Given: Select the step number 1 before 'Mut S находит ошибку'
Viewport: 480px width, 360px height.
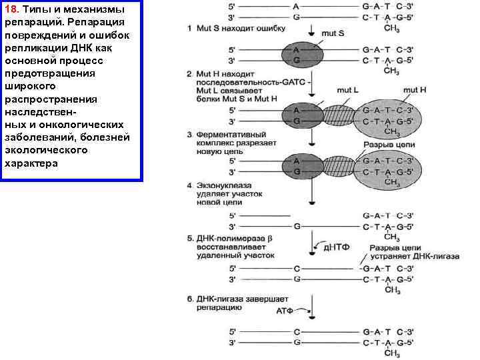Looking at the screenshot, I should tap(190, 29).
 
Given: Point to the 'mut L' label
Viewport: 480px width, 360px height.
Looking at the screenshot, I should tap(348, 90).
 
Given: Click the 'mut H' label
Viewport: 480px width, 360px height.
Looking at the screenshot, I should tap(415, 90).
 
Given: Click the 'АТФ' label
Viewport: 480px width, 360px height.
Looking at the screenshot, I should tap(285, 311).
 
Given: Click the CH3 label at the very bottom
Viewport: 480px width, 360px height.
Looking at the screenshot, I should tap(393, 353).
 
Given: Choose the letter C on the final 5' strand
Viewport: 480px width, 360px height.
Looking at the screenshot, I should tap(296, 331).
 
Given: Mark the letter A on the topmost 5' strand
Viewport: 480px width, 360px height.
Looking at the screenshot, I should tap(296, 5).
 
